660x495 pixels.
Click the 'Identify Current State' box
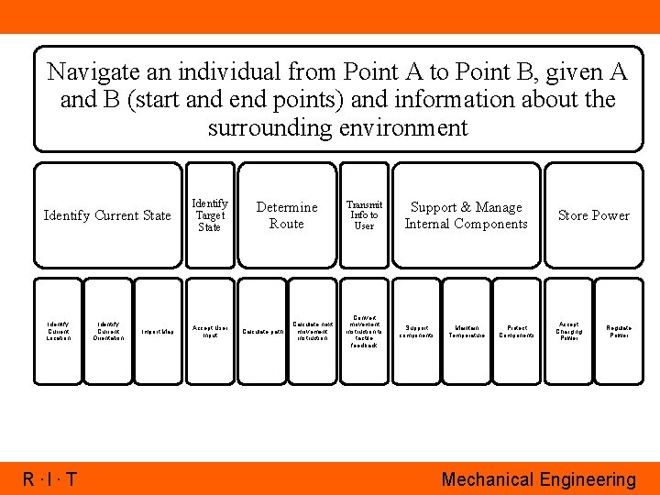107,215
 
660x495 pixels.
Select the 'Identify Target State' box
210,215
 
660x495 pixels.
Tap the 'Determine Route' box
287,215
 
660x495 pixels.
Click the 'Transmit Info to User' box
364,215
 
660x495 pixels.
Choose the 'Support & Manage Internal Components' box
466,215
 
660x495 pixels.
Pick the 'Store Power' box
593,215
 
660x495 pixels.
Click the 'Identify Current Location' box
58,331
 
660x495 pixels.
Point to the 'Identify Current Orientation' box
108,331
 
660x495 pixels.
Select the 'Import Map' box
159,331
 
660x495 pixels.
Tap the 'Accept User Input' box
210,331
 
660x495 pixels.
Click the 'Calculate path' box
261,331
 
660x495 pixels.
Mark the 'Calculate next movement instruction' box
313,331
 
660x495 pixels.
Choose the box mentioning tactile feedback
364,331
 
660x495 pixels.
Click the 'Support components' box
415,331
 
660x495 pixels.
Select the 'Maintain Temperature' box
466,331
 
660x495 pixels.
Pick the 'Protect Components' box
517,331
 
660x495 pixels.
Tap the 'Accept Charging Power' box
568,331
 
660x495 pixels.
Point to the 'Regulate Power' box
620,331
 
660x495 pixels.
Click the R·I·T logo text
50,479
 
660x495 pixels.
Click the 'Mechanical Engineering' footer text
538,479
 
